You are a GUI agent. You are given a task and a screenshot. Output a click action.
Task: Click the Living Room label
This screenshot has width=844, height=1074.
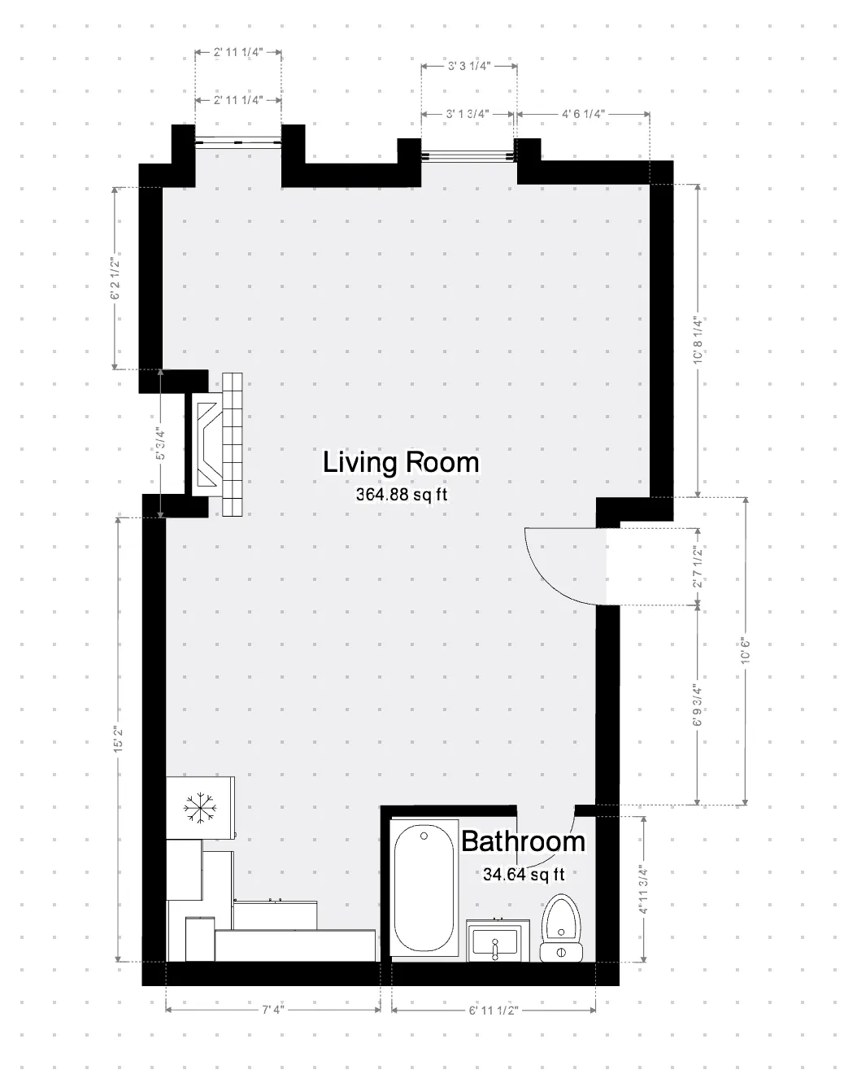(401, 462)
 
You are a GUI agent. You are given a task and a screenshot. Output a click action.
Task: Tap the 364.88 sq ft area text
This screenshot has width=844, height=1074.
(402, 494)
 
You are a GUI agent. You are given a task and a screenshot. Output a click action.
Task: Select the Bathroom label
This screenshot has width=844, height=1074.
(523, 840)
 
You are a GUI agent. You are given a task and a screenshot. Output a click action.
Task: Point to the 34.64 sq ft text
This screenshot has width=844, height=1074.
(523, 875)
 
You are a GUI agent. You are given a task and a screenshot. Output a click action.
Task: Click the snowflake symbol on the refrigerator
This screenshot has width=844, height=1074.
(197, 807)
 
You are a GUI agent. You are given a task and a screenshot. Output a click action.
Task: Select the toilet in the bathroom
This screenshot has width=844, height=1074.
(561, 928)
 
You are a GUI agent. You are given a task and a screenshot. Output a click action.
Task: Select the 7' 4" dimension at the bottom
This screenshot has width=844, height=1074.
(273, 1010)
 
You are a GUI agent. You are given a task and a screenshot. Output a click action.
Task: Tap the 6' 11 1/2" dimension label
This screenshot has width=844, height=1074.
(494, 1010)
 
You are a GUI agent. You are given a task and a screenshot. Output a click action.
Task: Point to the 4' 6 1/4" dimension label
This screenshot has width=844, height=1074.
(583, 115)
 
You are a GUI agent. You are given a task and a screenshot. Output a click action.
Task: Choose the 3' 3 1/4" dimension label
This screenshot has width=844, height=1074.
(468, 67)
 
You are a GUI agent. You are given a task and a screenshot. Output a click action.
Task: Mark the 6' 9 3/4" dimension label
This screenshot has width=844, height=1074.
(697, 705)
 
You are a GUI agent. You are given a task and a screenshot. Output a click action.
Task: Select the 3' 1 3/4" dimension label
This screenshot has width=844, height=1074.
(467, 115)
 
